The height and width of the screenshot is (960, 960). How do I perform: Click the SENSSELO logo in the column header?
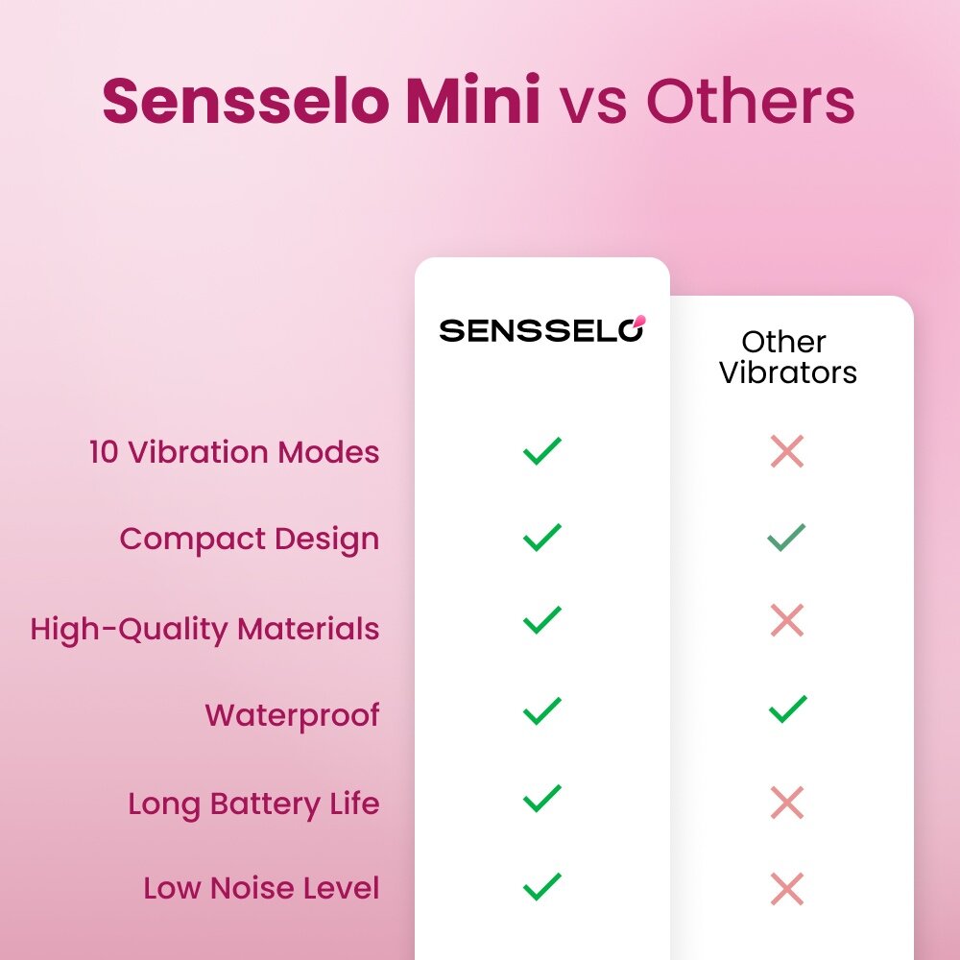pyautogui.click(x=542, y=329)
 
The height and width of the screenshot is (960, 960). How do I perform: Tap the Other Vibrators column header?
pyautogui.click(x=787, y=357)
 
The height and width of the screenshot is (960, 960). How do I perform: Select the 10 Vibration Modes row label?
pyautogui.click(x=234, y=452)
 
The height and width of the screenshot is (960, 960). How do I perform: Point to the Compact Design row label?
pyautogui.click(x=250, y=539)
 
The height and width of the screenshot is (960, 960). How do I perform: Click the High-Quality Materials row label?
pyautogui.click(x=204, y=629)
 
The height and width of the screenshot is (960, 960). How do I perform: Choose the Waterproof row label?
pyautogui.click(x=292, y=715)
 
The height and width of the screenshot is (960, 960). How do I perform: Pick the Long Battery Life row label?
pyautogui.click(x=253, y=803)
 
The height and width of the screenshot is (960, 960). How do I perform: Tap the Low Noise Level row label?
pyautogui.click(x=261, y=888)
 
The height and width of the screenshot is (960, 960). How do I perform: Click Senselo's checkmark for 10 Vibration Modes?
pyautogui.click(x=542, y=450)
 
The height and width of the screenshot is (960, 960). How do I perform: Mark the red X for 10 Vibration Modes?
pyautogui.click(x=787, y=450)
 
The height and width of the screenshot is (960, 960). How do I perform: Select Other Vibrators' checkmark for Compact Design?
pyautogui.click(x=787, y=538)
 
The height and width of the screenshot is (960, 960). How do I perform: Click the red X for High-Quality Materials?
pyautogui.click(x=787, y=621)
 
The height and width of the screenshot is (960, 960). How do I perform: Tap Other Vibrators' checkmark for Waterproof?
pyautogui.click(x=787, y=710)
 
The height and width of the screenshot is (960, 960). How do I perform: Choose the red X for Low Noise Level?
pyautogui.click(x=787, y=888)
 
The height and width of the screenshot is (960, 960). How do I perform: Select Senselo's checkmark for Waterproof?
pyautogui.click(x=542, y=710)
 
